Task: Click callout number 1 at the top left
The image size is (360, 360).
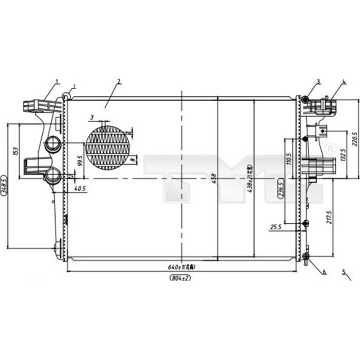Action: tap(57, 81)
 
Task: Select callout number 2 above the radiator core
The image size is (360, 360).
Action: tap(118, 81)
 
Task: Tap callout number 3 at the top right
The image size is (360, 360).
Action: tap(318, 81)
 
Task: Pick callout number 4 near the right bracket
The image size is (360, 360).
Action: tap(343, 82)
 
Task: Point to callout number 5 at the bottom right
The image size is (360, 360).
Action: tap(343, 271)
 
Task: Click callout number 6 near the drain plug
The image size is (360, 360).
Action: tap(324, 271)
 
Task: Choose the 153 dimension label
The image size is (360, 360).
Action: tap(14, 150)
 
